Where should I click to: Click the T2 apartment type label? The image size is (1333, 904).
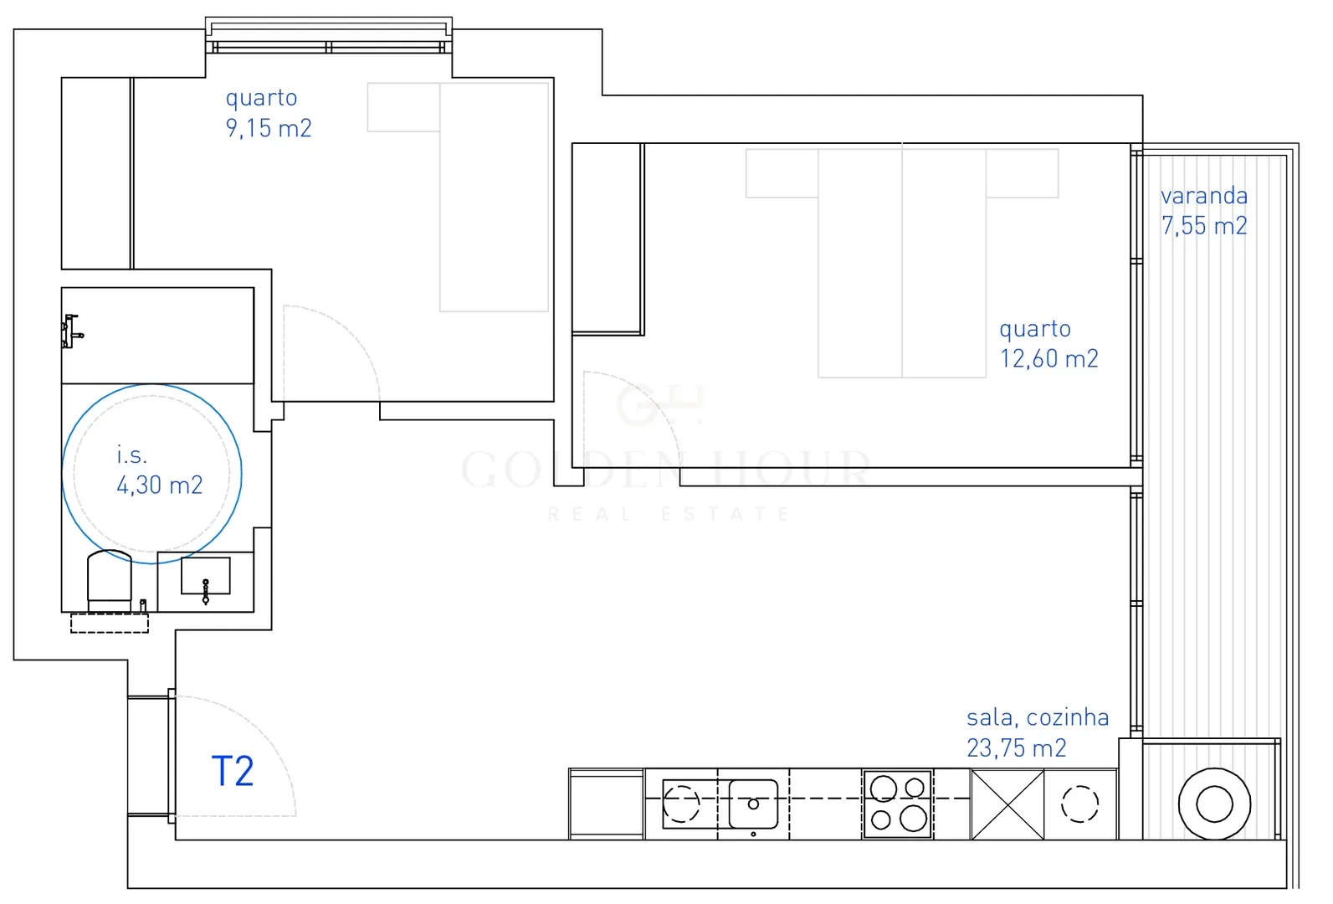click(233, 771)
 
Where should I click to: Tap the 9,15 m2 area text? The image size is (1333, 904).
click(269, 128)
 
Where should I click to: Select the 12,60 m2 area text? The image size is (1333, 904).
click(1048, 358)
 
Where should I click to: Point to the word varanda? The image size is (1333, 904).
click(1204, 195)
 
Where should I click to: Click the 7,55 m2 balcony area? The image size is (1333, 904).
click(1204, 225)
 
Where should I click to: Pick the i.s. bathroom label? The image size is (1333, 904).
click(131, 455)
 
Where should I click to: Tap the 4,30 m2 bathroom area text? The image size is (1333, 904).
click(160, 485)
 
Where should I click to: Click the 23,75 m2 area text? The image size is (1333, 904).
click(1017, 748)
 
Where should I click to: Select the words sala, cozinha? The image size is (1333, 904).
click(1038, 717)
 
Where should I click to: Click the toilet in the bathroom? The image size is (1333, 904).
click(110, 580)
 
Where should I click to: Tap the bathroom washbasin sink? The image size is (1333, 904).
click(205, 576)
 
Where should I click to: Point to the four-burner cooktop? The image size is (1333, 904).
click(897, 804)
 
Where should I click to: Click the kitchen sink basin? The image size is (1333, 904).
click(753, 804)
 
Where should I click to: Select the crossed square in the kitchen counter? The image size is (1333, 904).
click(1007, 804)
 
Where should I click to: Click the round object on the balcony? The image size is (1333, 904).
click(1214, 804)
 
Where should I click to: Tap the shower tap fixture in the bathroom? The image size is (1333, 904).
click(71, 331)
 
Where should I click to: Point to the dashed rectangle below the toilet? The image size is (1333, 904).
click(110, 623)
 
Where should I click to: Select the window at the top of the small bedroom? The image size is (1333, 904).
click(329, 36)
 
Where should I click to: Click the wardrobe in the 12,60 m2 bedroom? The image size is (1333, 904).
click(608, 239)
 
